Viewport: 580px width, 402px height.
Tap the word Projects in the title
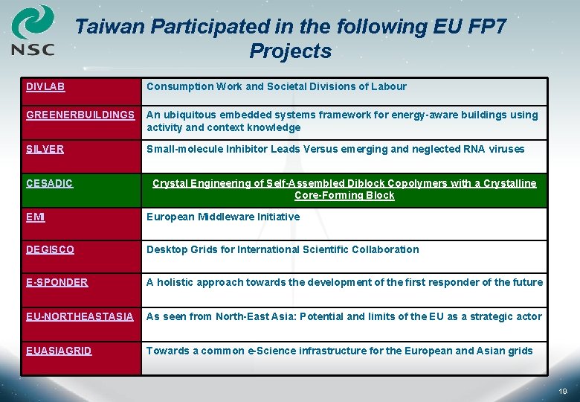[x=290, y=51]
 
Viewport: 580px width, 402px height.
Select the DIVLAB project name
[x=45, y=86]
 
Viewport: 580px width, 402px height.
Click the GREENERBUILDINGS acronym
[x=80, y=115]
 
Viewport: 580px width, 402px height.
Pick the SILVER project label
[x=45, y=149]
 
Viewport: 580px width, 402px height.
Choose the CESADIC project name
[x=49, y=183]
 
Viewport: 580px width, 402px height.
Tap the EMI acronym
[x=36, y=217]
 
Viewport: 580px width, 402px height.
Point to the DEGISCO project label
[x=50, y=249]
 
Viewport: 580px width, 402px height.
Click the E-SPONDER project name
[x=57, y=282]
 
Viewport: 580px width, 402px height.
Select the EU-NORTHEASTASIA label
[x=80, y=316]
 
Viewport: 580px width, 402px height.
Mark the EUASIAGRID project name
[x=59, y=351]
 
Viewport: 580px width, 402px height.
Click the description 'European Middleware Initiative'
[x=223, y=217]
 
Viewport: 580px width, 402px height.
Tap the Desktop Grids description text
[x=283, y=249]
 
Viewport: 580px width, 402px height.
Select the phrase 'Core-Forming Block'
[x=344, y=195]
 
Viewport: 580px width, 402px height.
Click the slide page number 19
[x=563, y=391]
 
